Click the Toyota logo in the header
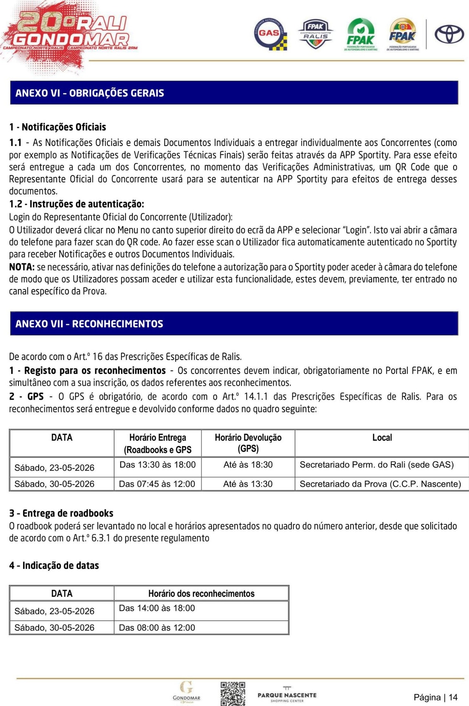click(449, 34)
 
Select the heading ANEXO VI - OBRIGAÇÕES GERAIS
click(90, 93)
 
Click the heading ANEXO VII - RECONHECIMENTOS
click(89, 324)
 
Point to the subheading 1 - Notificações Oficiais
click(58, 127)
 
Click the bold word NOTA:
click(22, 267)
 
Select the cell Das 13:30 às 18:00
click(157, 465)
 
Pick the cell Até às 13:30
click(248, 484)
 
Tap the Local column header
click(382, 438)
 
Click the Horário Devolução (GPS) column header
click(248, 443)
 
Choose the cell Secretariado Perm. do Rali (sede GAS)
click(377, 465)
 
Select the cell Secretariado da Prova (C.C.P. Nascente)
click(380, 484)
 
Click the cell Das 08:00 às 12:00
click(157, 628)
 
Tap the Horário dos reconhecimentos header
click(201, 593)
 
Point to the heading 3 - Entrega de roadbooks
click(61, 513)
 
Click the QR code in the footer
click(233, 693)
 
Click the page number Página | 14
click(436, 697)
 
